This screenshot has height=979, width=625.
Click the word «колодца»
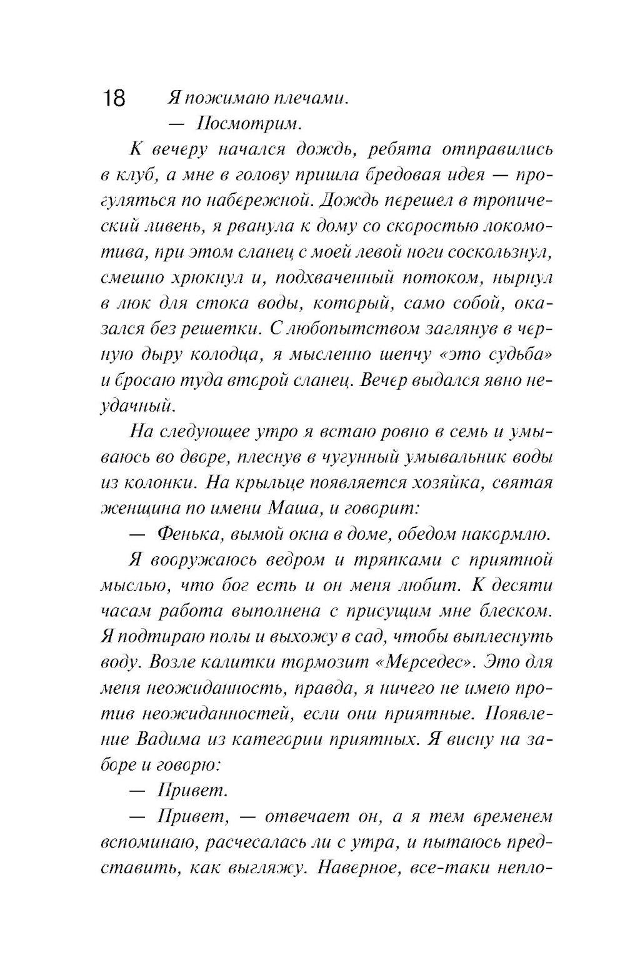click(x=230, y=354)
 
